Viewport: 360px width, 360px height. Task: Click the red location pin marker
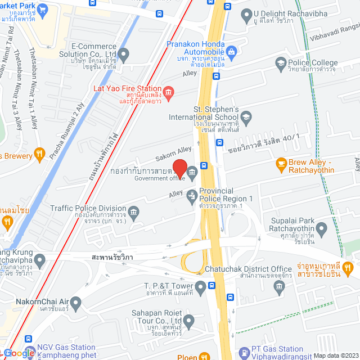(179, 167)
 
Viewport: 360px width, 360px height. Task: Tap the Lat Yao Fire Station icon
(168, 92)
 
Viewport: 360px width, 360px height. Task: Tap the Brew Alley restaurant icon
(281, 164)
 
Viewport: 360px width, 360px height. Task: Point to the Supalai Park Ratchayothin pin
(321, 229)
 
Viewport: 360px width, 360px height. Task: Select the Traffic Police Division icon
(133, 211)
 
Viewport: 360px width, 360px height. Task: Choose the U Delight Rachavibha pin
(245, 13)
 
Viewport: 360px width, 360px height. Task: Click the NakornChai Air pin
(76, 304)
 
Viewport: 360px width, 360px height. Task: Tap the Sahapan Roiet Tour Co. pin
(189, 322)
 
